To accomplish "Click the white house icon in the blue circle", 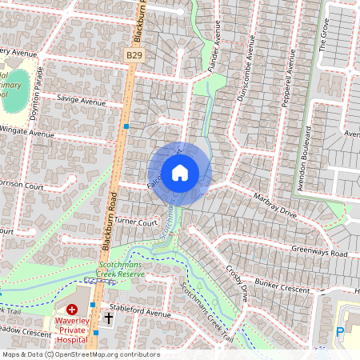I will [180, 172].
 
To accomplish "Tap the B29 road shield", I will [135, 54].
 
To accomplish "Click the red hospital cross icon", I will [72, 309].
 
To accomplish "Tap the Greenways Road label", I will [320, 254].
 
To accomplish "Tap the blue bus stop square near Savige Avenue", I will [126, 126].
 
